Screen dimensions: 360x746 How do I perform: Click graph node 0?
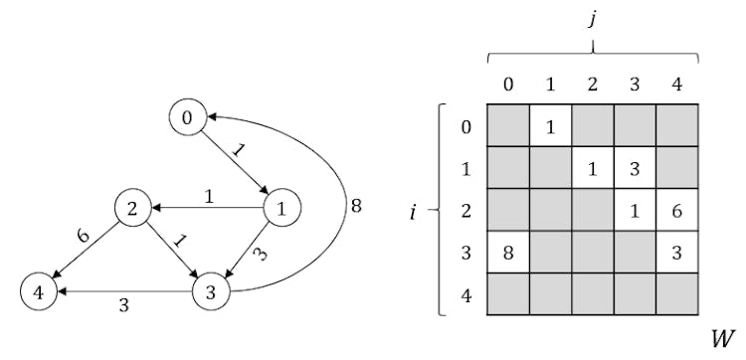point(186,117)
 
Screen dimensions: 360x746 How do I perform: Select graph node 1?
point(282,209)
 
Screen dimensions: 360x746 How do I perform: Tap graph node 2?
point(131,209)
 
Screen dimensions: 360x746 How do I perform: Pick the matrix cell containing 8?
point(508,252)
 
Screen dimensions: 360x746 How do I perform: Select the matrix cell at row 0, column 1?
point(550,126)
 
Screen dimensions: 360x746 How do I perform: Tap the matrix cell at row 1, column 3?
point(636,168)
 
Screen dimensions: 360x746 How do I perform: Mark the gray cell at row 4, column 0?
point(508,294)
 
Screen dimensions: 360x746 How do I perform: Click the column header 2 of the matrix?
point(593,85)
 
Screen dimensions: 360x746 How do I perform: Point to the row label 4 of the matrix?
point(467,294)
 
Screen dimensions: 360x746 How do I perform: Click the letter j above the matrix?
point(593,18)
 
